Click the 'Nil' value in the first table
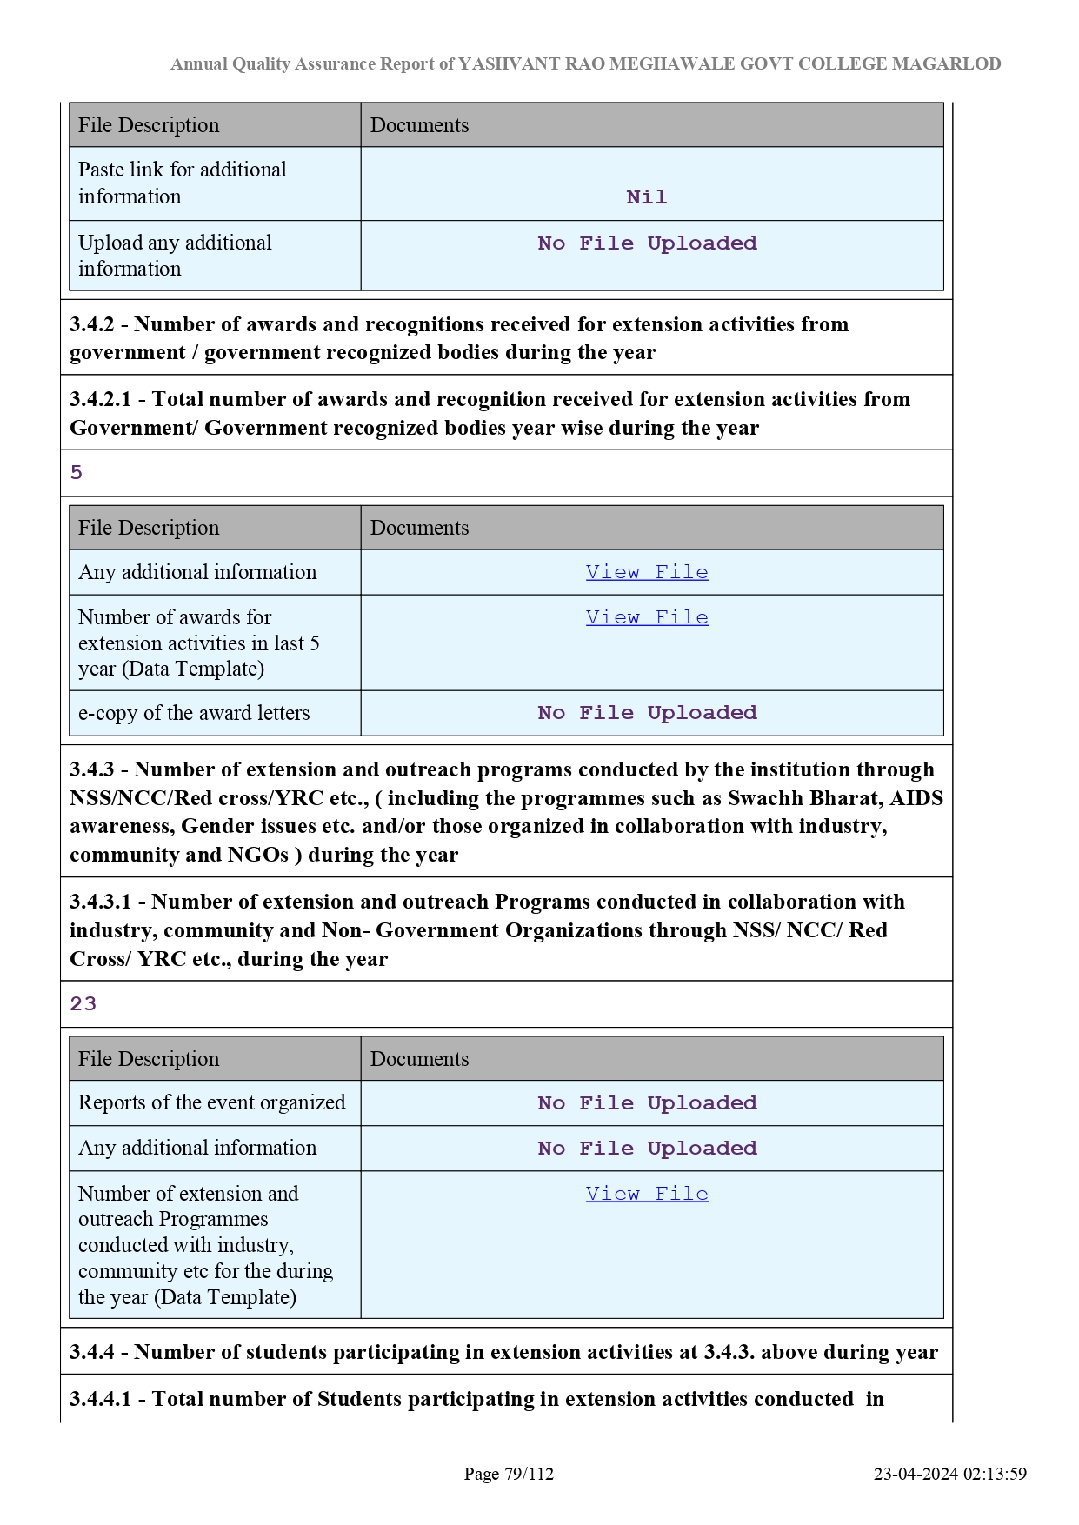coord(646,197)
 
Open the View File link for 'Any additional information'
coord(647,572)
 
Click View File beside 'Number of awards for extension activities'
coord(647,617)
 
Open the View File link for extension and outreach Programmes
coord(647,1194)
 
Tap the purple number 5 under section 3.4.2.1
coord(77,473)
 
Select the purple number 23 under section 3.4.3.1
coord(83,1004)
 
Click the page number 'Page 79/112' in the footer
coord(509,1474)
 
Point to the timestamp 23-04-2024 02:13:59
coord(949,1474)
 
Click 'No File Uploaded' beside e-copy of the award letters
coord(647,713)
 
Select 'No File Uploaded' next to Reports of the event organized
coord(647,1103)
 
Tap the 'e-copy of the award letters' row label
coord(194,713)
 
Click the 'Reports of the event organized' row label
coord(211,1102)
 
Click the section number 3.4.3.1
coord(100,902)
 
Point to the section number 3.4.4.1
coord(100,1399)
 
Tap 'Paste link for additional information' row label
coord(183,183)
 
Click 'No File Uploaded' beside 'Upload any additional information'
coord(647,243)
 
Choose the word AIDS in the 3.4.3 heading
coord(916,798)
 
